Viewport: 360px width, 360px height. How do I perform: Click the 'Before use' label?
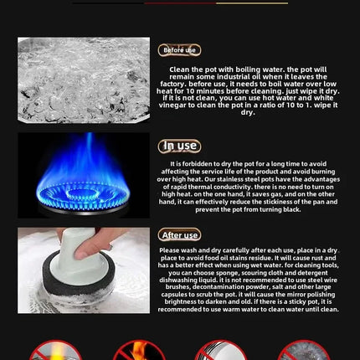178,50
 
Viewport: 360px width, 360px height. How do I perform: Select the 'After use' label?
178,236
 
